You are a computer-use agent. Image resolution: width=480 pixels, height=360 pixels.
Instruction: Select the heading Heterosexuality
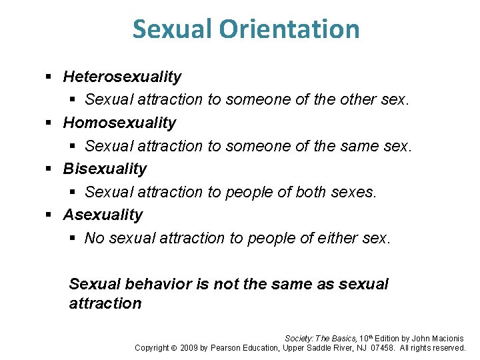pos(122,77)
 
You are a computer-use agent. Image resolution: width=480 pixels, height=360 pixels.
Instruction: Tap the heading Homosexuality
pos(119,123)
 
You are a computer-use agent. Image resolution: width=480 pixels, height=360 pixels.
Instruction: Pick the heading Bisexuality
pos(105,169)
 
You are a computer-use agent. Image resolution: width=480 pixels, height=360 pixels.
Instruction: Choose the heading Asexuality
pos(103,215)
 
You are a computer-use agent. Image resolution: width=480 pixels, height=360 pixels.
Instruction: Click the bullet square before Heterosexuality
pos(49,77)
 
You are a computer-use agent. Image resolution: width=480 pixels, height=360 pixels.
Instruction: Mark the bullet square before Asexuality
pos(49,215)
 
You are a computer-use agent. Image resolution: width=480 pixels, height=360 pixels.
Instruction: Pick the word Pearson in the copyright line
pos(227,347)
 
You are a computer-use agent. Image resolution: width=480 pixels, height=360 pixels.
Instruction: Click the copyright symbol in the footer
pos(173,347)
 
